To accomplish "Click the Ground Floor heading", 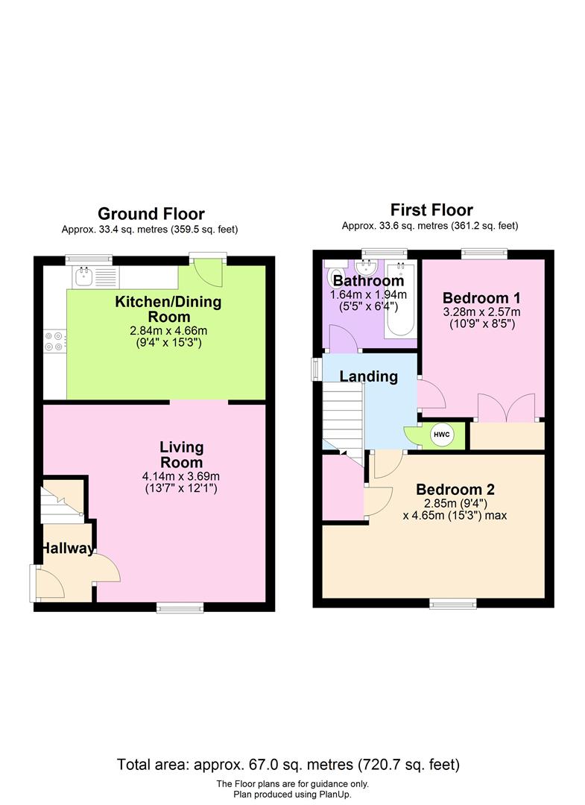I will [x=151, y=215].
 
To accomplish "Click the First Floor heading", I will [x=431, y=210].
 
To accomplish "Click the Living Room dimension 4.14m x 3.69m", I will [x=182, y=476].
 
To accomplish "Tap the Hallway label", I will [x=67, y=549].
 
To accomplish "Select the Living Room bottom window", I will [x=179, y=607].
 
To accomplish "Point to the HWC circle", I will [x=441, y=435].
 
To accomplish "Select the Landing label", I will [x=368, y=376].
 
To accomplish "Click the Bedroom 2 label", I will [x=455, y=490].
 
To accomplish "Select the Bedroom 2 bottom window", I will [x=452, y=602].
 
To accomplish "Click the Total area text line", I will [x=288, y=765].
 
